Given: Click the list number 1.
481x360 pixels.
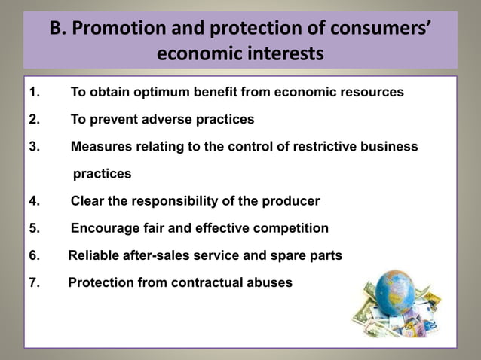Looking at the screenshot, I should (34, 93).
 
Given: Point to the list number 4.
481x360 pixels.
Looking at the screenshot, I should (34, 201).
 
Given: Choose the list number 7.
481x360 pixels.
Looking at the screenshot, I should (34, 283).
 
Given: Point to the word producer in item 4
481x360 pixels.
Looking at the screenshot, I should (291, 201).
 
